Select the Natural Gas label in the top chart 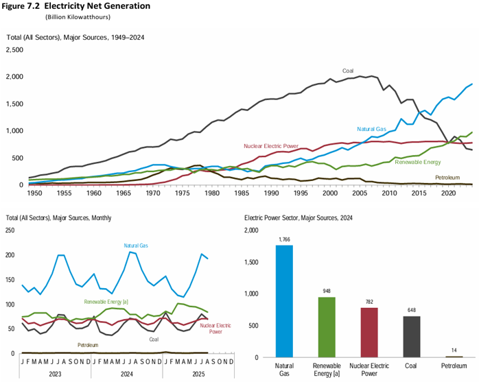[372, 129]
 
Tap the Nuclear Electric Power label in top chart [271, 146]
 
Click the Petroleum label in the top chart [449, 177]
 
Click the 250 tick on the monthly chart [10, 230]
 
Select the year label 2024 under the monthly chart [126, 375]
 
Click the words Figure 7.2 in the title [23, 5]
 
